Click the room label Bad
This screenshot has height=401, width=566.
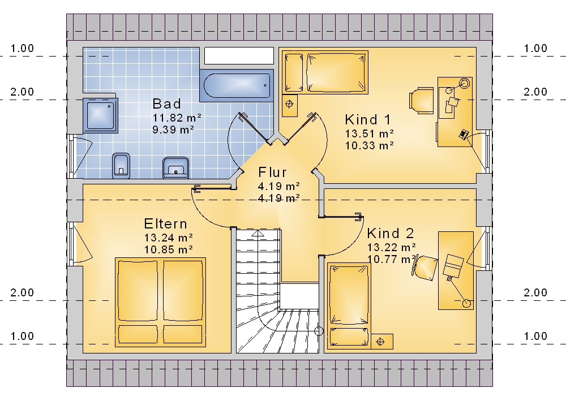[166, 104]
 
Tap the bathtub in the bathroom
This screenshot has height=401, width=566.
[237, 85]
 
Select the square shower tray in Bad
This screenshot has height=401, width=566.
[100, 115]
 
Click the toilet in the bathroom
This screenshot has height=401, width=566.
[121, 166]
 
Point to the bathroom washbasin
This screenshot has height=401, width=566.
[176, 167]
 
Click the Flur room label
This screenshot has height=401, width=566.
[273, 173]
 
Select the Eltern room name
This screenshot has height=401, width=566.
[166, 224]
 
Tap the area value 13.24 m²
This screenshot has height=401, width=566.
[169, 238]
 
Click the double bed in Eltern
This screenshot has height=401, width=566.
[160, 302]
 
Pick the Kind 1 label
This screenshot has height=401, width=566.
[368, 119]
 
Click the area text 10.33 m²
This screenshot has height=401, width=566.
[369, 145]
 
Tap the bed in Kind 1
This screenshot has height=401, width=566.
[326, 72]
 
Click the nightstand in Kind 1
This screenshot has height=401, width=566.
[289, 105]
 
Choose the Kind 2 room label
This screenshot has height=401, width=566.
[390, 234]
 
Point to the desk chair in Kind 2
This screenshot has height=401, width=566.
[425, 267]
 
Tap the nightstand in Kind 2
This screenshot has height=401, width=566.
[382, 342]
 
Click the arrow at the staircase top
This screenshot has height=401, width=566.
[258, 234]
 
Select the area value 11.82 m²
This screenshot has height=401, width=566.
[177, 118]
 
